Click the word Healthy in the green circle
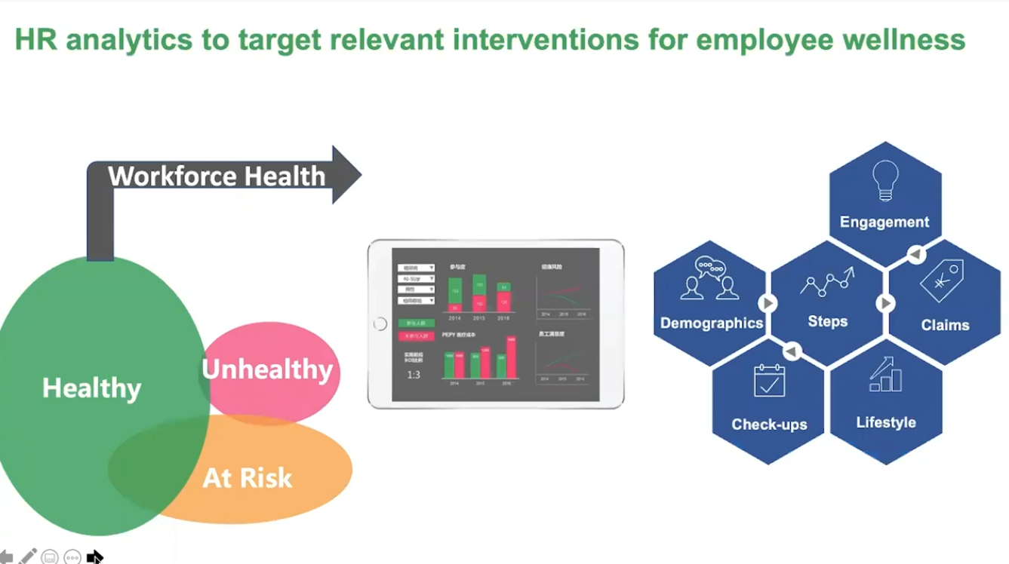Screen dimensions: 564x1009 click(x=91, y=388)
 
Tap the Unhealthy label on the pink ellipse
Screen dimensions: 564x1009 click(x=267, y=369)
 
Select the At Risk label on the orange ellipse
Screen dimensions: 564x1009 click(x=247, y=478)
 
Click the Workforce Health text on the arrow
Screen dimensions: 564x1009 click(x=217, y=176)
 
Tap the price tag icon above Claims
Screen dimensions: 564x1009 click(x=941, y=281)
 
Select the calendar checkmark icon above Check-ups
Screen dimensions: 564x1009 click(x=769, y=380)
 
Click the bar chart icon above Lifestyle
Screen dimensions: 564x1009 click(x=885, y=375)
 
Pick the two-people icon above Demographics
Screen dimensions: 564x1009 click(x=709, y=278)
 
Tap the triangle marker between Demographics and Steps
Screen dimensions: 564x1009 click(x=768, y=303)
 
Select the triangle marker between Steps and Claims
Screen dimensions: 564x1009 click(x=885, y=303)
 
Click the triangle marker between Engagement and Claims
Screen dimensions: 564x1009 click(x=915, y=255)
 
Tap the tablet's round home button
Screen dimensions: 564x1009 click(x=380, y=324)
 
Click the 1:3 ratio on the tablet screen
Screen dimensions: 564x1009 click(x=414, y=375)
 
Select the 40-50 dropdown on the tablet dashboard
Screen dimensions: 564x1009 click(x=416, y=278)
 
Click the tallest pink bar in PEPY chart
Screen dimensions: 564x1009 click(x=510, y=358)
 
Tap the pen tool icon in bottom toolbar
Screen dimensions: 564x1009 click(x=28, y=556)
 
